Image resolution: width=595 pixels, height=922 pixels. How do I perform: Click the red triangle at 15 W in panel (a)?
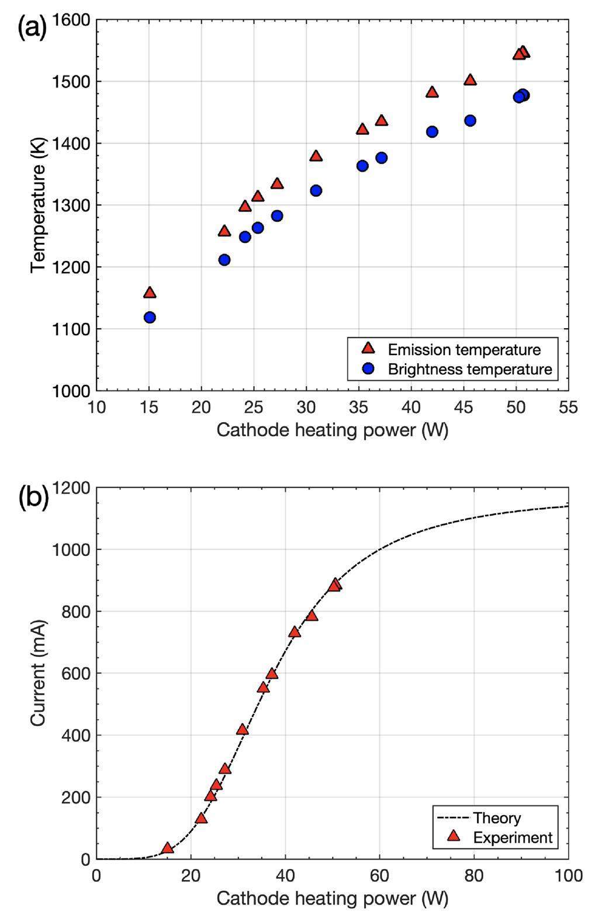click(x=150, y=293)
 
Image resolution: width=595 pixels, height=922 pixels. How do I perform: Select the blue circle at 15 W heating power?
click(x=150, y=318)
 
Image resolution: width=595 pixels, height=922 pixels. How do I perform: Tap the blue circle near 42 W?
click(x=432, y=132)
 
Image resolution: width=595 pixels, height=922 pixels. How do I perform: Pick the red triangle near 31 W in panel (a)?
click(x=316, y=156)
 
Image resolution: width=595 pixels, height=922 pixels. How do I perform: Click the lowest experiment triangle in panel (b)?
click(x=168, y=848)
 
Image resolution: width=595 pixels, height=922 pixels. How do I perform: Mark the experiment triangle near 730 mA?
click(x=295, y=632)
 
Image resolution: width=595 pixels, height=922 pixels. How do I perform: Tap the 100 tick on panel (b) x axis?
click(x=568, y=875)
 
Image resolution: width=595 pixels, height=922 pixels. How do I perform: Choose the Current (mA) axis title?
click(x=38, y=673)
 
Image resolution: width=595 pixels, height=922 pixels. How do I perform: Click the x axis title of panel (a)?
click(x=332, y=430)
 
